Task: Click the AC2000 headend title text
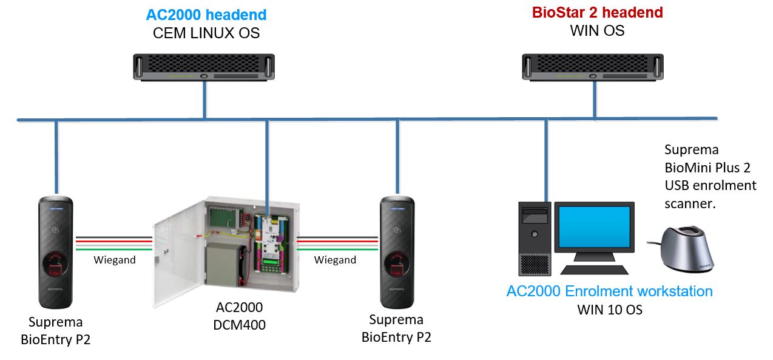[x=206, y=15]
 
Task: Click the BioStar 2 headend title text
[x=597, y=13]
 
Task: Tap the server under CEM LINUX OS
[x=204, y=66]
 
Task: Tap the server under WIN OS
[x=593, y=66]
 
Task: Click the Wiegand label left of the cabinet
[x=114, y=260]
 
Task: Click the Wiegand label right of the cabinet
[x=335, y=260]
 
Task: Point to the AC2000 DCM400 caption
[x=240, y=316]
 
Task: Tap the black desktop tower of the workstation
[x=534, y=239]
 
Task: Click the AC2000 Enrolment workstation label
[x=609, y=291]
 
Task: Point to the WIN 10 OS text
[x=609, y=310]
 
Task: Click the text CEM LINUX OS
[x=206, y=33]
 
